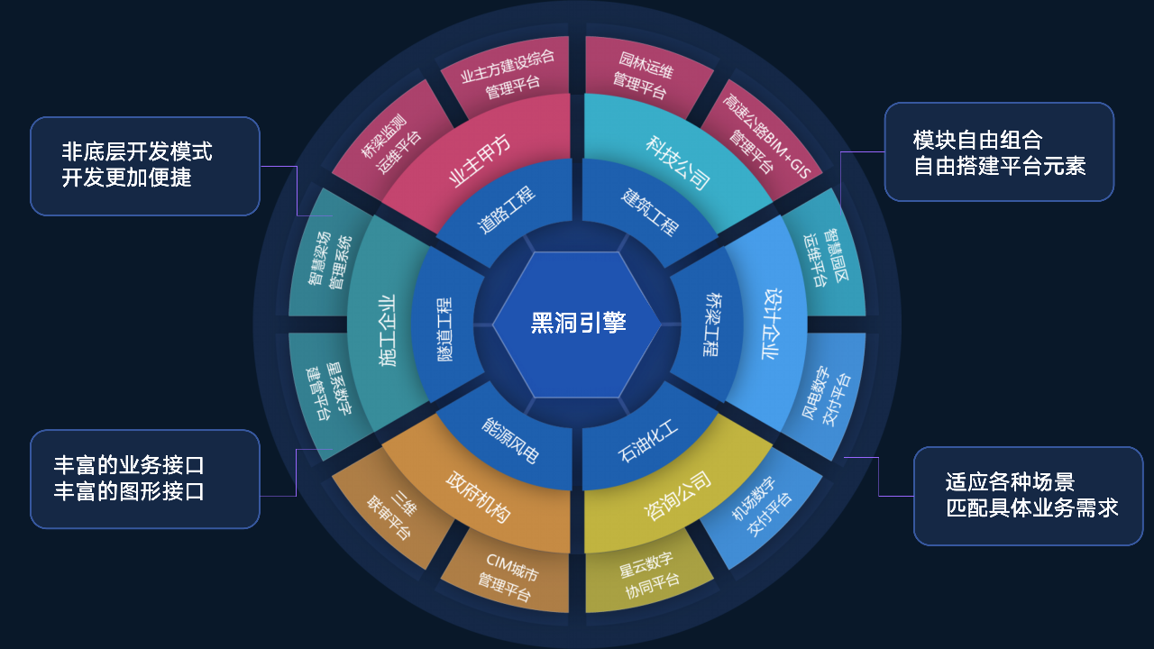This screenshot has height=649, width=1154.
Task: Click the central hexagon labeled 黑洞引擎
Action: (x=577, y=324)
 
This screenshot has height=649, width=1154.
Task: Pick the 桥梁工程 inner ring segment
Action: (x=711, y=324)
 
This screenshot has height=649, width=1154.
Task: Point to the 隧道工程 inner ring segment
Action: (x=444, y=324)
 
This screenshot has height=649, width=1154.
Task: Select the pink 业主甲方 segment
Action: (x=479, y=160)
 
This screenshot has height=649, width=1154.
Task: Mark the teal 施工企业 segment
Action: (x=387, y=324)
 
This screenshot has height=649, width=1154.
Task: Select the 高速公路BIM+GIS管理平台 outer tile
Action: (x=763, y=136)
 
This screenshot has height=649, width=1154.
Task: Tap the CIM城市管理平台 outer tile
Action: (x=508, y=577)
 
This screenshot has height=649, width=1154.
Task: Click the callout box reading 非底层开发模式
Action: (x=145, y=166)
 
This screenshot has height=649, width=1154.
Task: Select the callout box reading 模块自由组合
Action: (x=1000, y=152)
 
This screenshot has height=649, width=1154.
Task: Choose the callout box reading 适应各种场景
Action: (x=1029, y=496)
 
